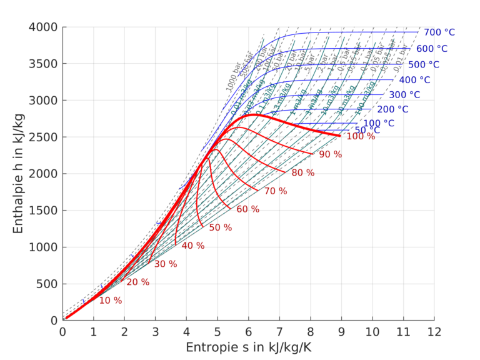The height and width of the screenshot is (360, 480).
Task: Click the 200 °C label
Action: point(392,109)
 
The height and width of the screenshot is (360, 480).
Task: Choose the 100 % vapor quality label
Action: point(361,136)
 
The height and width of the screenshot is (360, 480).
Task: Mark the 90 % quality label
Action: point(331,154)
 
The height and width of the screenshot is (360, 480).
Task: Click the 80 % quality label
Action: point(303,172)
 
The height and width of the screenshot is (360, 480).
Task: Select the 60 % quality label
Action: point(247,209)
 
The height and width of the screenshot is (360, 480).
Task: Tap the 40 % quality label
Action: point(193,246)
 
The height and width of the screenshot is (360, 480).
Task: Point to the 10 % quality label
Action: point(111,301)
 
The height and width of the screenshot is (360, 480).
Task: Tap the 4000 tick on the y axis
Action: point(42,27)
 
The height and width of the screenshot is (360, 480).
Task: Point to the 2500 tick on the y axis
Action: point(42,137)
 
